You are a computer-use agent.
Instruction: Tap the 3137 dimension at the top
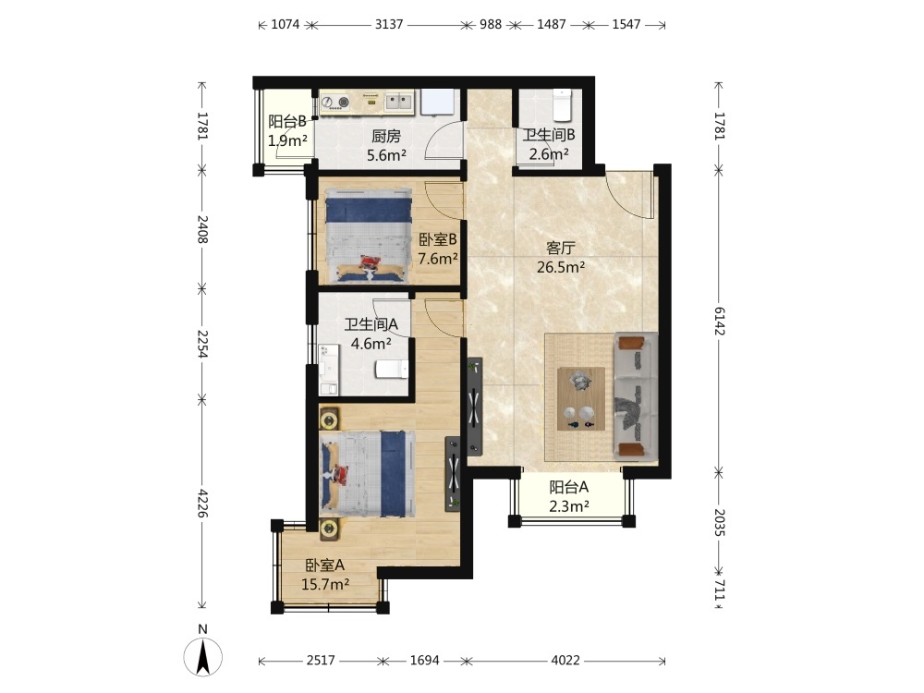pos(389,25)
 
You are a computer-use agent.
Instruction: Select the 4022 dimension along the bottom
pos(565,661)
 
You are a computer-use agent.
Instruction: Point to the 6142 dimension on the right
pos(720,321)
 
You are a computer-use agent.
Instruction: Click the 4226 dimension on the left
pos(202,504)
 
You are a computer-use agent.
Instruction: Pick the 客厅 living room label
pos(561,248)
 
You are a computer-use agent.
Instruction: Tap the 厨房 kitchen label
pos(386,137)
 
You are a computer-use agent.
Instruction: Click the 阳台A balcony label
pos(568,487)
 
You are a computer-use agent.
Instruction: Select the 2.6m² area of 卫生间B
pos(549,154)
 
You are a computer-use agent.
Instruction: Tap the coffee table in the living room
pos(581,399)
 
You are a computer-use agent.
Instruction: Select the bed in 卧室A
pos(367,475)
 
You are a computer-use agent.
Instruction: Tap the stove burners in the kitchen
pos(335,103)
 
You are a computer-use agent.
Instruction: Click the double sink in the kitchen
pos(399,102)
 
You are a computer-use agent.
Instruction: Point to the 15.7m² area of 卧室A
pos(325,585)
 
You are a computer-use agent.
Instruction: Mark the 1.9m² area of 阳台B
pos(287,140)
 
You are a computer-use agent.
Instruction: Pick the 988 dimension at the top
pos(491,25)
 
